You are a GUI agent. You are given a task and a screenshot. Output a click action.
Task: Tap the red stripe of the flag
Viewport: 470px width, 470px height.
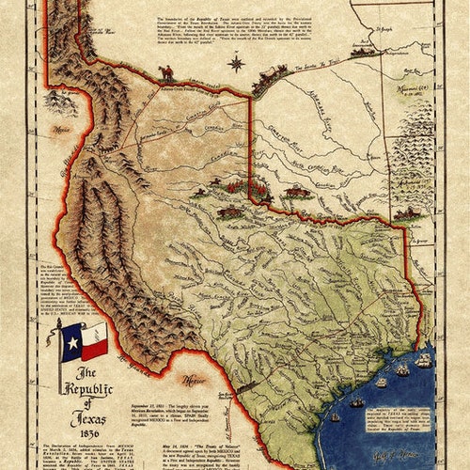(94, 350)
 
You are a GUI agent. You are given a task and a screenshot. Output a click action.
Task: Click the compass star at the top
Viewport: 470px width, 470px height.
(237, 64)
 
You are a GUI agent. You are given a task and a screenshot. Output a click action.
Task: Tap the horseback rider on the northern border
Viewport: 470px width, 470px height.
(166, 72)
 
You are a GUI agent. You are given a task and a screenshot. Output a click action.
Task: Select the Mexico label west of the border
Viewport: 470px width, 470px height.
(63, 125)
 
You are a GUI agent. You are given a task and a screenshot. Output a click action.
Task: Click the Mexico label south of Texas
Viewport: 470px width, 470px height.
(192, 379)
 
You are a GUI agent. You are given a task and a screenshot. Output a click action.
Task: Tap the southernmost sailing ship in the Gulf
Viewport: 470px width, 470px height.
(335, 415)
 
